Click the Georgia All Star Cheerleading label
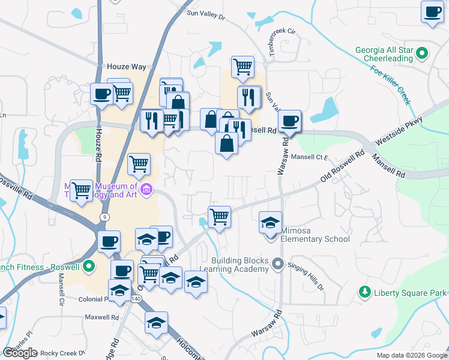(x=383, y=54)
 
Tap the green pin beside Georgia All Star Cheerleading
(x=422, y=53)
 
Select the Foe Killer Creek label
(x=391, y=87)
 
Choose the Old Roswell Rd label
(x=343, y=167)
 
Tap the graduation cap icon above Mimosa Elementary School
(x=270, y=222)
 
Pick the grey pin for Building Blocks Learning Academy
(x=277, y=263)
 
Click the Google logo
(x=20, y=353)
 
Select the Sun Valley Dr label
(x=205, y=14)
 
